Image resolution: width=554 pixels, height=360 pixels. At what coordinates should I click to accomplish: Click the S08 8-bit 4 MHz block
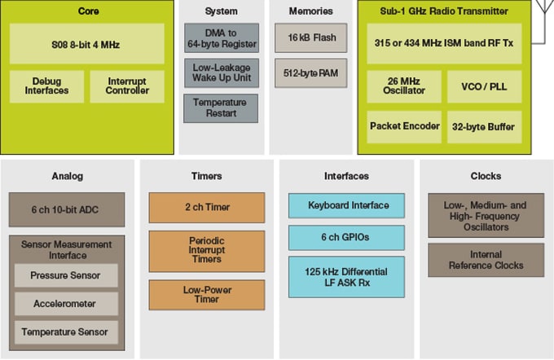(86, 44)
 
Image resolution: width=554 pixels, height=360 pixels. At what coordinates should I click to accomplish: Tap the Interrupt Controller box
(126, 86)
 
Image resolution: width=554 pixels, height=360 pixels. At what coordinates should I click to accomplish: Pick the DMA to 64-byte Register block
(220, 37)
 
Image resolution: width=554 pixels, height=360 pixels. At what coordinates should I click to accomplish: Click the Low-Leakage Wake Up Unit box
(220, 72)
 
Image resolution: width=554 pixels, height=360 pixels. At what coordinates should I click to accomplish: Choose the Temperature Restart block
(220, 108)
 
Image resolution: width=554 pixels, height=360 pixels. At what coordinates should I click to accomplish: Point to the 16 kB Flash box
(311, 37)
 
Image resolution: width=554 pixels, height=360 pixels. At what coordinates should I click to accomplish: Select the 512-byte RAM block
(311, 72)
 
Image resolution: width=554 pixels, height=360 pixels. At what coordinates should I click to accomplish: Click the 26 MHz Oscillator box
(404, 86)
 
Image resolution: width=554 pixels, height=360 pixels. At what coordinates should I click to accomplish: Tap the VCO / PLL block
(484, 86)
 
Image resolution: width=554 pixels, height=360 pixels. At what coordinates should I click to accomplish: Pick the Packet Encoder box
(404, 126)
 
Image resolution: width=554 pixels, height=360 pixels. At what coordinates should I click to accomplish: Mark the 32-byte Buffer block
(484, 126)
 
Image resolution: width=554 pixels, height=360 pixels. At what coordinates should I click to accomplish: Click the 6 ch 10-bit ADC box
(67, 209)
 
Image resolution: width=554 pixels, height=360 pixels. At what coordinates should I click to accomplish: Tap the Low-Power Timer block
(207, 295)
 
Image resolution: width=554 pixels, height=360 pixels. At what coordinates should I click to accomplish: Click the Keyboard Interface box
(346, 205)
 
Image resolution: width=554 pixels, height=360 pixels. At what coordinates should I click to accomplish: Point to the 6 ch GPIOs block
(346, 238)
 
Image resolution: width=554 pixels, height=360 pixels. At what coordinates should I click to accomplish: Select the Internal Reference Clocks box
(486, 259)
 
